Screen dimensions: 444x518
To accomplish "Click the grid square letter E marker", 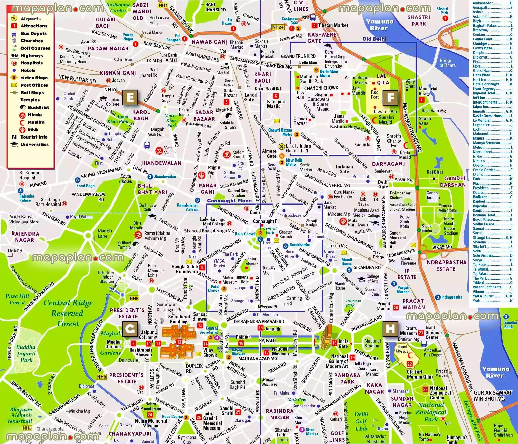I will click(130, 98).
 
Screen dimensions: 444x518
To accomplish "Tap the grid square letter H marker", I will click(390, 329).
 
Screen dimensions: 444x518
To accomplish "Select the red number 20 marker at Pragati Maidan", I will click(395, 308).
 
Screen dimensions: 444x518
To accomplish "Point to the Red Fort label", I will click(375, 94).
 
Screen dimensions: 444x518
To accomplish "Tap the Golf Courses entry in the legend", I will click(35, 48).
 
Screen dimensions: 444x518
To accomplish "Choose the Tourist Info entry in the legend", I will click(34, 137).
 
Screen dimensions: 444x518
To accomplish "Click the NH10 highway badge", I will click(110, 90).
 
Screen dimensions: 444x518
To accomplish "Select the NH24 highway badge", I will click(278, 27).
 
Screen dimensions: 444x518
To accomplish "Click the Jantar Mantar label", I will click(251, 261).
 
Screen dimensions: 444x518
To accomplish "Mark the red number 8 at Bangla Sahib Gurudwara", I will click(202, 267).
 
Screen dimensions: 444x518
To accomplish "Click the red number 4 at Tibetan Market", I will click(314, 25).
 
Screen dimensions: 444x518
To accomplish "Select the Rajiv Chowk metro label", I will click(245, 234).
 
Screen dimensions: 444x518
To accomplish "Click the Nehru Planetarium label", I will click(150, 406).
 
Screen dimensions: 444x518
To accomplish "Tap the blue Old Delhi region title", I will click(374, 39).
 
